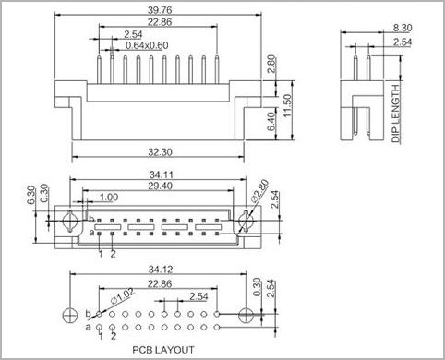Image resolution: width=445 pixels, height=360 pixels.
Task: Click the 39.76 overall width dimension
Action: (160, 10)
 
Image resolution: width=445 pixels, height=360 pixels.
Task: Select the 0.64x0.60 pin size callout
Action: (147, 45)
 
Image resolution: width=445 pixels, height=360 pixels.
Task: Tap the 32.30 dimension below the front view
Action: (160, 152)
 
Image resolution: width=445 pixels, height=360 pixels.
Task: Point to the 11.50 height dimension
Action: (287, 105)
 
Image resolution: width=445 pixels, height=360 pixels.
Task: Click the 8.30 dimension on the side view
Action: (403, 28)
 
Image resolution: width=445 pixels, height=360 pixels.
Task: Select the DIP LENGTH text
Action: (397, 113)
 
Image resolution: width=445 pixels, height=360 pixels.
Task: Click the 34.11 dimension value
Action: (162, 175)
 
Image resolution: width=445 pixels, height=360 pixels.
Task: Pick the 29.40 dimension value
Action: (160, 186)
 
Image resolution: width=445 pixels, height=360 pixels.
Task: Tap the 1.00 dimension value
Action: (109, 198)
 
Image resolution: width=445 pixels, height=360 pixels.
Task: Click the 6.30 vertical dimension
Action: (31, 195)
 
